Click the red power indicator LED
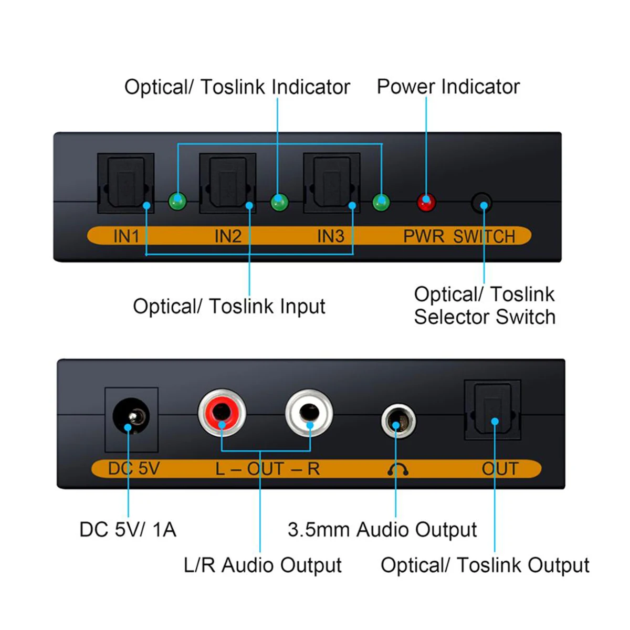(426, 202)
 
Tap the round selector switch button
(481, 203)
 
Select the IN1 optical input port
(125, 183)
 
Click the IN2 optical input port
(227, 183)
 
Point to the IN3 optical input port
(331, 183)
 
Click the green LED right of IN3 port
(381, 202)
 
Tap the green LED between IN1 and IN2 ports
(177, 201)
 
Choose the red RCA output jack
(222, 413)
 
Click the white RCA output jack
(309, 413)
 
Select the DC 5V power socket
(131, 418)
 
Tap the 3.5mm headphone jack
(398, 421)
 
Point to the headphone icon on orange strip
(397, 469)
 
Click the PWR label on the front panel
(424, 236)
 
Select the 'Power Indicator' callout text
(448, 87)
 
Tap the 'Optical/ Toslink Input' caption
(229, 306)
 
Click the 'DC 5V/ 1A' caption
(128, 529)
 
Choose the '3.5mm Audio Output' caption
(382, 530)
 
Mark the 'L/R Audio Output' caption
(262, 565)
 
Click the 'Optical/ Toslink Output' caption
(485, 565)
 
